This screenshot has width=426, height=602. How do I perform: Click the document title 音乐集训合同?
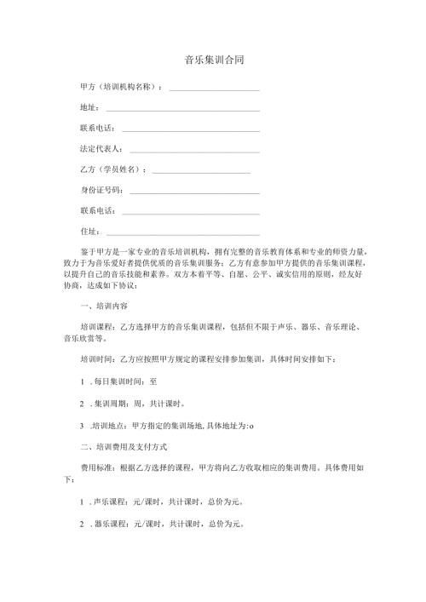click(x=213, y=61)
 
